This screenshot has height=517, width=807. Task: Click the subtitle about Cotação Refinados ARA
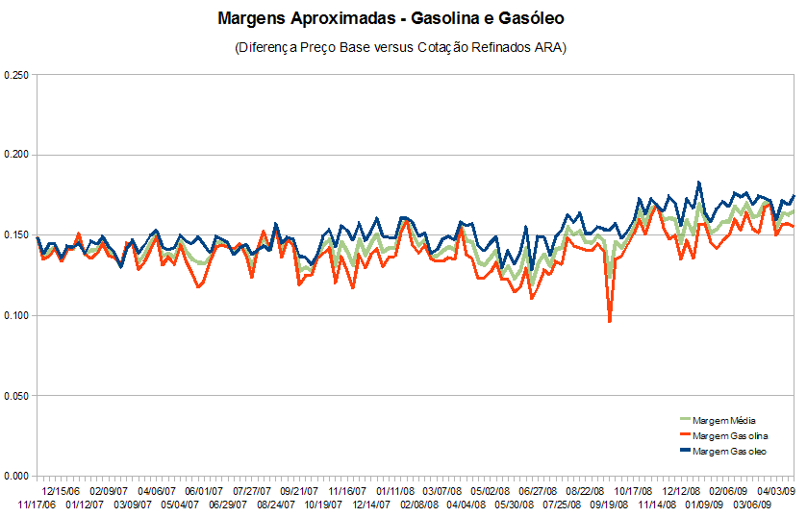point(400,47)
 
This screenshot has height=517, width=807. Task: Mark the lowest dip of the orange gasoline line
point(610,321)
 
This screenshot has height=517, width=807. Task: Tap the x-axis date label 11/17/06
point(37,504)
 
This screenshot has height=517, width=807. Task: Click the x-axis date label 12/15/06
point(61,489)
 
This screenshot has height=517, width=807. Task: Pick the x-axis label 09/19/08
point(608,504)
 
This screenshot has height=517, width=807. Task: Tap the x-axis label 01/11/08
point(395,489)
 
